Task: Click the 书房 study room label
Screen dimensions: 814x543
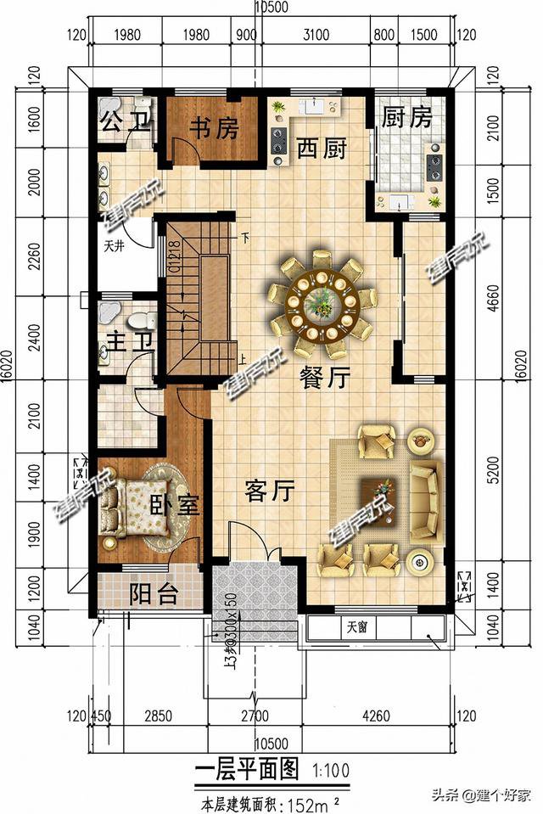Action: coord(213,129)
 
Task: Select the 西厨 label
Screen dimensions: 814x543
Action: coord(322,150)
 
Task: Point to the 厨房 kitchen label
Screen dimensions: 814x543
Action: coord(407,117)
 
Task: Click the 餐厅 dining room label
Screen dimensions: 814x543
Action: coord(324,379)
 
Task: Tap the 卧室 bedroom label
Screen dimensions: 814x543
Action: coord(175,505)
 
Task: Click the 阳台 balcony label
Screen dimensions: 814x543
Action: coord(154,593)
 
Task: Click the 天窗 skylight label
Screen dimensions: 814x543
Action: coord(360,629)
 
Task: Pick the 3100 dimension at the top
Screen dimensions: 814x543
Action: coord(315,35)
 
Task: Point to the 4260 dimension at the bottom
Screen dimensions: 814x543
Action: coord(376,716)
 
